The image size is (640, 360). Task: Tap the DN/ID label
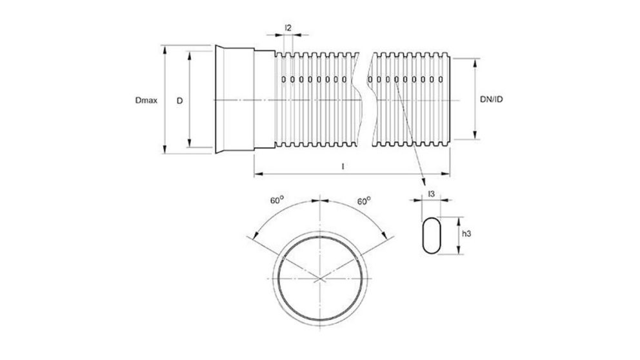coord(492,99)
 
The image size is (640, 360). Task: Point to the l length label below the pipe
coord(343,166)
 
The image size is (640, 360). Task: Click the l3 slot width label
coord(430,194)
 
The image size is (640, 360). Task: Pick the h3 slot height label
coord(470,235)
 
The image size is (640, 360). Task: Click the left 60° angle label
coord(276,201)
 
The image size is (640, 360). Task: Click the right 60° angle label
coord(364,201)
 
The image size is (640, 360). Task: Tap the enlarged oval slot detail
coord(430,235)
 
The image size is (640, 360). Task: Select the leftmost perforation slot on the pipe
coord(284,80)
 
